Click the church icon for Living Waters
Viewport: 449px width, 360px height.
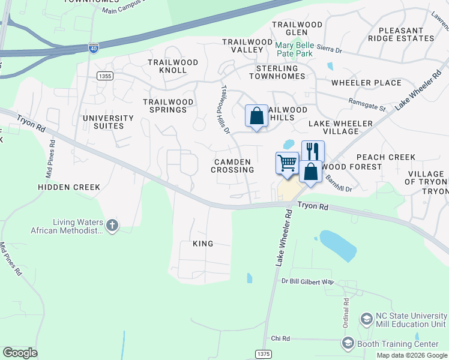[x=112, y=226]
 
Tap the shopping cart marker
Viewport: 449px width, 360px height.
[x=287, y=163]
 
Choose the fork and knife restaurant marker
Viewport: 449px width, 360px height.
[x=312, y=150]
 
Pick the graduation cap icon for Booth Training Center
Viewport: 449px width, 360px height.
[x=347, y=344]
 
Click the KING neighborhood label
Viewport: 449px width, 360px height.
[x=202, y=244]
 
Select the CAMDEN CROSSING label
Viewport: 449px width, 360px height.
[x=232, y=166]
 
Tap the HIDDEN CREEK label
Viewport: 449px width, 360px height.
[x=69, y=187]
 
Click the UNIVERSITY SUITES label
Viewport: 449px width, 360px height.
[x=108, y=122]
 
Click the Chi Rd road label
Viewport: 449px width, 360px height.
[x=280, y=338]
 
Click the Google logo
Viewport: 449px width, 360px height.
[x=20, y=352]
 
